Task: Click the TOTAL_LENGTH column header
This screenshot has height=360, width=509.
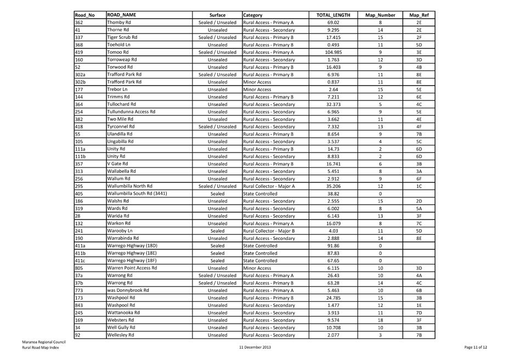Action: pos(333,15)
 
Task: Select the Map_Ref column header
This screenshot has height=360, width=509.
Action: pos(418,15)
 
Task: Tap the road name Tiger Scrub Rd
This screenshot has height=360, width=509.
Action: pos(122,37)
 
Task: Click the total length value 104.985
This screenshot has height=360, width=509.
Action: pos(333,52)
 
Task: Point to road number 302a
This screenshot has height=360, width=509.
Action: pos(80,75)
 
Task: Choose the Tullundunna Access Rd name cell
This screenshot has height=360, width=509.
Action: pos(131,112)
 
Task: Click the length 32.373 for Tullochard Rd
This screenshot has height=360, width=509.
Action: pos(333,104)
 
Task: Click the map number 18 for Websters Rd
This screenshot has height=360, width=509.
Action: pos(380,320)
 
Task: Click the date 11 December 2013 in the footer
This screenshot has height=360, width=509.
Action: pos(255,347)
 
